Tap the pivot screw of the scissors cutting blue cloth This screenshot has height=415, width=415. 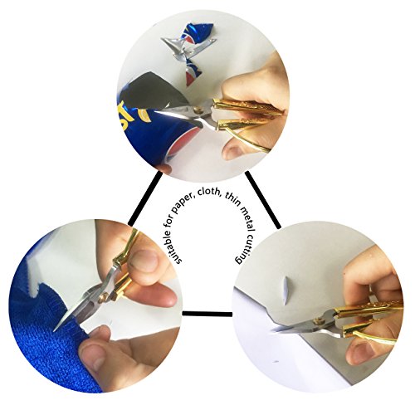click(103, 298)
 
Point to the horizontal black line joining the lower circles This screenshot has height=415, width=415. click(207, 314)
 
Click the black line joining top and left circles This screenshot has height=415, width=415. click(145, 198)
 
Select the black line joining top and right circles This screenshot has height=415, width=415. click(263, 200)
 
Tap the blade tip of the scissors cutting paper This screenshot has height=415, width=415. click(272, 330)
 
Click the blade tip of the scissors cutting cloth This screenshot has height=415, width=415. click(55, 330)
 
